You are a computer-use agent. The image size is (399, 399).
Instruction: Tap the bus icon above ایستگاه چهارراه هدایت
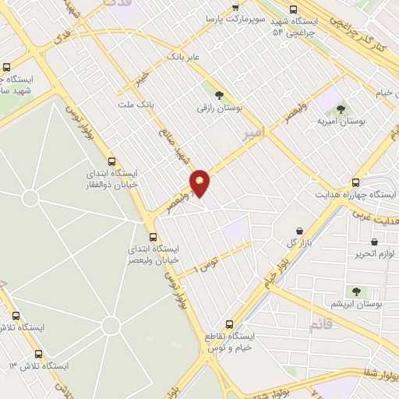click(x=356, y=182)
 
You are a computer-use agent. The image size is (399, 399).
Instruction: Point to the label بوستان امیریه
click(x=341, y=122)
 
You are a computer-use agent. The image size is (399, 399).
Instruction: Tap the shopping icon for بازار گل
click(x=300, y=231)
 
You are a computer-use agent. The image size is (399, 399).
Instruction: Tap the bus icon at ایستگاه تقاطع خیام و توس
click(x=229, y=323)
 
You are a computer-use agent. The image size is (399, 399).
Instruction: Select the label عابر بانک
click(x=185, y=57)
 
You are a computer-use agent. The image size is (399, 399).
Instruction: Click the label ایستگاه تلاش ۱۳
click(x=39, y=366)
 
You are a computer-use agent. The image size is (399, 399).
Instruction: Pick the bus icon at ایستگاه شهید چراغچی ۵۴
click(x=293, y=9)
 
